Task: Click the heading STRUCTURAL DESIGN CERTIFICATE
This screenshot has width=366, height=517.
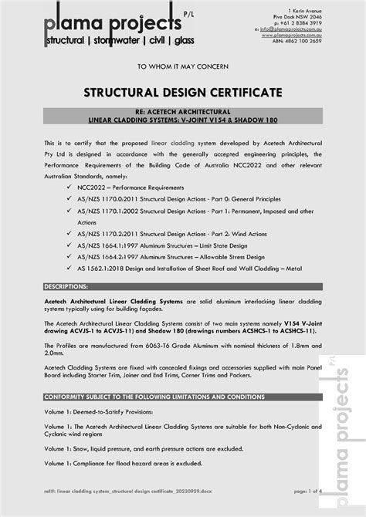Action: point(183,93)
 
